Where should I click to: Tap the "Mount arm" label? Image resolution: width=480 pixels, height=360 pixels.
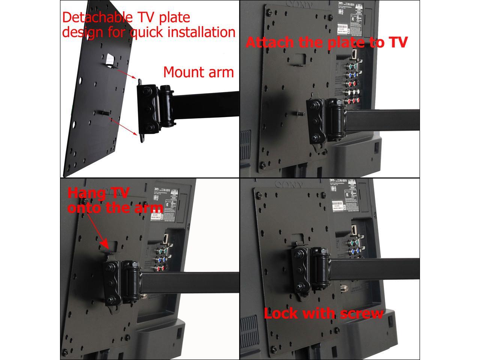198,72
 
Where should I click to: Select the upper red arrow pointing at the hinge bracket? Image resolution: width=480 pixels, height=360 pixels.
125,73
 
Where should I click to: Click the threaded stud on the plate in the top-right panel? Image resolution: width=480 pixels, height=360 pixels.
300,112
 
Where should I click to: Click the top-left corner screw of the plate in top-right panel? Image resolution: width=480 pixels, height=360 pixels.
268,12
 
